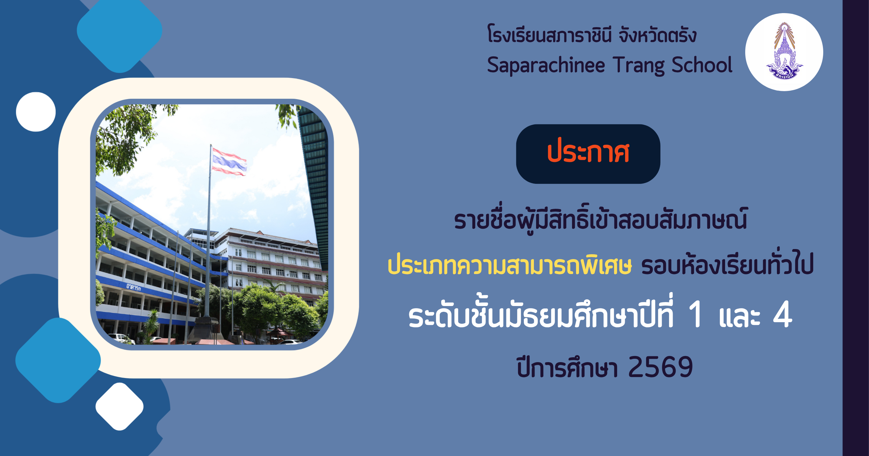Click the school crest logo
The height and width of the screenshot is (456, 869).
(784, 52)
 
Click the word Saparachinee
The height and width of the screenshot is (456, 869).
(546, 66)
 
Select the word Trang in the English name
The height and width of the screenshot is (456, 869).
(638, 66)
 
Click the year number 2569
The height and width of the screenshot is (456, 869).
(660, 367)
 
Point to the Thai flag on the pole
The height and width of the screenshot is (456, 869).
(229, 162)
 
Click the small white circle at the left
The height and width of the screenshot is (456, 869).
(36, 112)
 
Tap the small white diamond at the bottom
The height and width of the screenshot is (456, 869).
(120, 406)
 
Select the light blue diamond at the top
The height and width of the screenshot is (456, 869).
(120, 30)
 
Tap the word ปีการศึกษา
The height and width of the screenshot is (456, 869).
(567, 367)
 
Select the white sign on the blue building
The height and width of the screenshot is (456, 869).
(134, 287)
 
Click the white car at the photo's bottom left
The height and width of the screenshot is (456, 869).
(121, 339)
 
